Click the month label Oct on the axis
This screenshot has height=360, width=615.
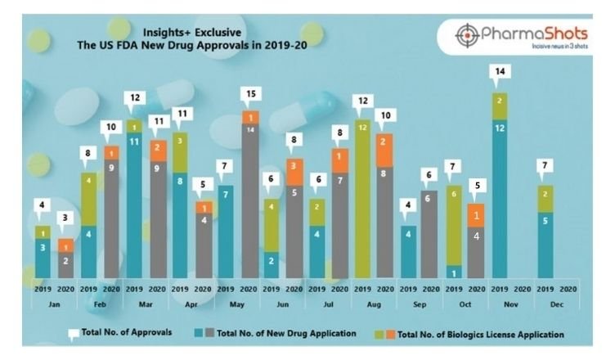click(465, 302)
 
